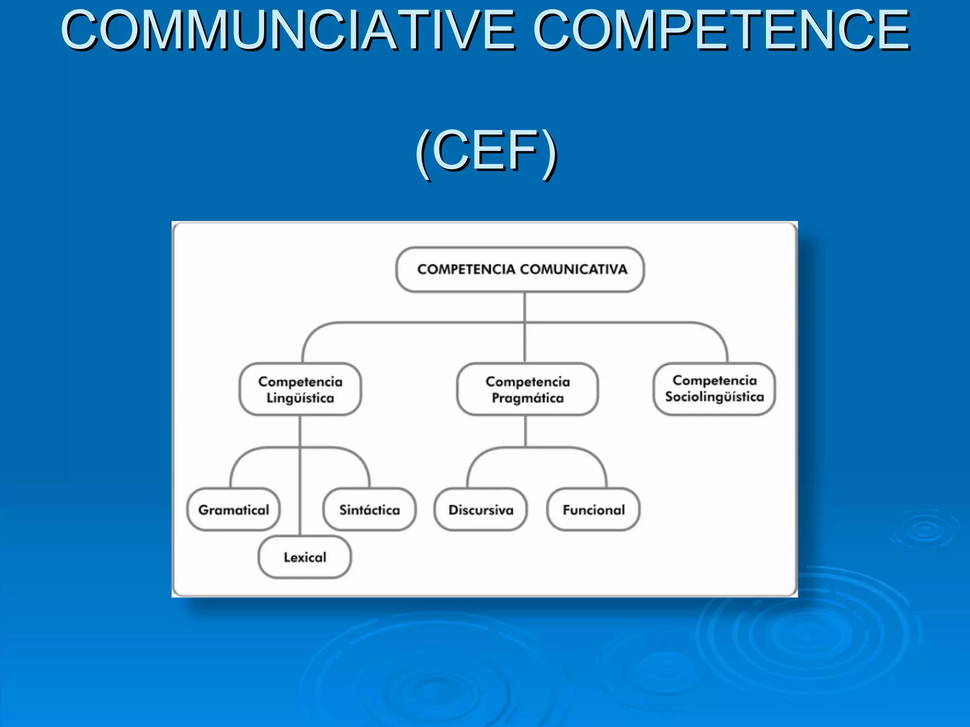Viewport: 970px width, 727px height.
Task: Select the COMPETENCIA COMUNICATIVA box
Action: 520,269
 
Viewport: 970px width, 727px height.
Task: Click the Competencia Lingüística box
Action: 300,390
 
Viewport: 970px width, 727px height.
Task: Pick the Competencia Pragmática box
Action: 527,390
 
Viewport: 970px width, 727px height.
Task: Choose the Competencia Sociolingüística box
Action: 714,389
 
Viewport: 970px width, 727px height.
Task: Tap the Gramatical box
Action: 234,510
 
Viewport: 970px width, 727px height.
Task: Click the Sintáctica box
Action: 369,510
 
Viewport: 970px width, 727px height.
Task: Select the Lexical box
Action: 305,557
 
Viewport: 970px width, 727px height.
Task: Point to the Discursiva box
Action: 481,510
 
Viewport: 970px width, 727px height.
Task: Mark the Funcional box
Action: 593,510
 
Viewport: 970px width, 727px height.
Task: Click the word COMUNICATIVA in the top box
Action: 574,269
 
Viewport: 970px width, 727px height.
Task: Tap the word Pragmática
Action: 528,398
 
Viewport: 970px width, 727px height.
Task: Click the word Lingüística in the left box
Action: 300,398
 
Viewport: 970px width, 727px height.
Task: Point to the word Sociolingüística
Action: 714,397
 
